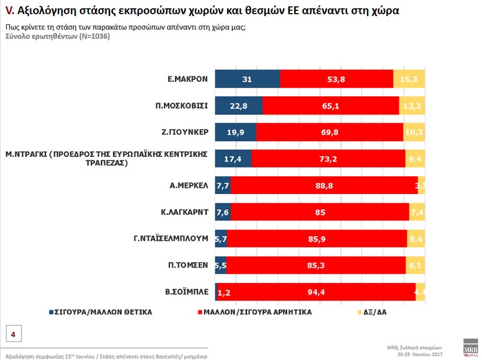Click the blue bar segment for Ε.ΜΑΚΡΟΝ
pos(247,79)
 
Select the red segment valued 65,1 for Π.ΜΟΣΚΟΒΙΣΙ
pos(331,106)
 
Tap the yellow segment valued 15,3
pos(409,79)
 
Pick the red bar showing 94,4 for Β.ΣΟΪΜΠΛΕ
pos(315,292)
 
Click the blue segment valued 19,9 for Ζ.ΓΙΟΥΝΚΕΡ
pos(235,132)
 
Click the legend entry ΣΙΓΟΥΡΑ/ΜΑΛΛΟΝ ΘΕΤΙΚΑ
pos(101,313)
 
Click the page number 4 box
pos(13,335)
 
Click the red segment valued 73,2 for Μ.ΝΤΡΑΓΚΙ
pos(328,159)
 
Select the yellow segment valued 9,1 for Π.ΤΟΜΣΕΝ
pos(416,265)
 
